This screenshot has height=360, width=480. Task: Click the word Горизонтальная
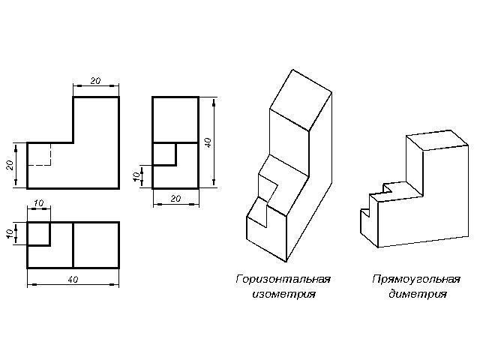(x=283, y=279)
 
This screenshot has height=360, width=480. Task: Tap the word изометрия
(x=283, y=294)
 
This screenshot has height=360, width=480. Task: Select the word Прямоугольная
(x=415, y=279)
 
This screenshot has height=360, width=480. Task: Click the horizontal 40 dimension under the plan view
(x=73, y=279)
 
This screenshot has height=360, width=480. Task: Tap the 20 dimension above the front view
(x=95, y=80)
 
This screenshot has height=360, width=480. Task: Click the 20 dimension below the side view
(x=175, y=198)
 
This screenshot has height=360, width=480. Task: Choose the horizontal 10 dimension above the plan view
(x=38, y=204)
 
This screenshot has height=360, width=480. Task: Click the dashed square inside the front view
(x=39, y=154)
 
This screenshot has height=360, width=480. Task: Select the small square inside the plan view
(x=39, y=233)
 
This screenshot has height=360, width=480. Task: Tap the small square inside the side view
(x=164, y=154)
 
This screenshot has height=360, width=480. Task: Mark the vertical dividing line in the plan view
(x=73, y=244)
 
